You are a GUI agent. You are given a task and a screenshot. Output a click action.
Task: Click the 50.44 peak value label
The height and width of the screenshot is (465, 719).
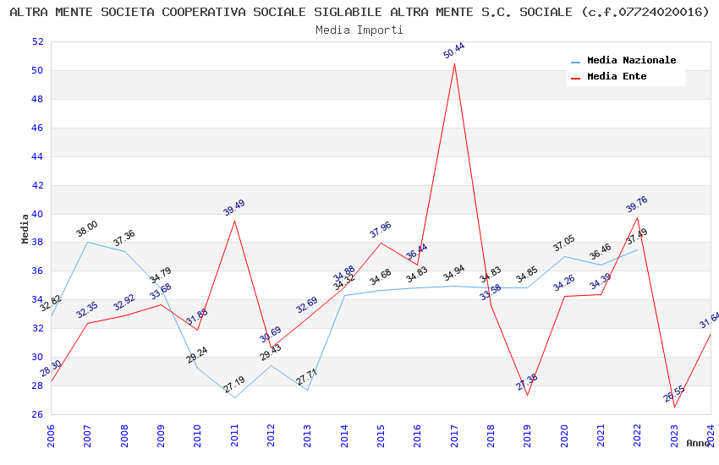tap(454, 51)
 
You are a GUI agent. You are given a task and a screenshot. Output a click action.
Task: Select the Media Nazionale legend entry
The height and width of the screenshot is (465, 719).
tap(631, 61)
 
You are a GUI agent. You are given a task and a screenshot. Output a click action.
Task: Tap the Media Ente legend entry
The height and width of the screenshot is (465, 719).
tap(617, 77)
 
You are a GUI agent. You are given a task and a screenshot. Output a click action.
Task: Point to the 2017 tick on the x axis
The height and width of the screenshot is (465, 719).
tap(454, 435)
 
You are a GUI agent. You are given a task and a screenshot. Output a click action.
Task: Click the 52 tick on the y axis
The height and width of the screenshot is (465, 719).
tap(37, 42)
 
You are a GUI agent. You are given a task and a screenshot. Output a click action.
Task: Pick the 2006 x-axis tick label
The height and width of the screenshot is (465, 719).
tap(51, 435)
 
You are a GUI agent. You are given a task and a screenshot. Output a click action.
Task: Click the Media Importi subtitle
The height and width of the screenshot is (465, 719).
tap(359, 30)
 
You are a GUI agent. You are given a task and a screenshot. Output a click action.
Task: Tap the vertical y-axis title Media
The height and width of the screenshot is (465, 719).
tap(25, 228)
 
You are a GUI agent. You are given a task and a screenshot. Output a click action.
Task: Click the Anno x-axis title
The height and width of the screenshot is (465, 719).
tap(698, 443)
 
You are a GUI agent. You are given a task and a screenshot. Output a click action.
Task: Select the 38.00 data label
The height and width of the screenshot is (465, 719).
tap(87, 228)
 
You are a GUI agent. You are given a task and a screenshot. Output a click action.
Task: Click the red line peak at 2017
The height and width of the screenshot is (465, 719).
tap(454, 64)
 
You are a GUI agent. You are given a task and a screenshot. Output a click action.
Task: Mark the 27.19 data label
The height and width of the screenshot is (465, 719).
tap(234, 385)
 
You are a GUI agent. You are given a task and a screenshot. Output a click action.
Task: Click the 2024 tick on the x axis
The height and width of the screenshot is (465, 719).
tap(711, 435)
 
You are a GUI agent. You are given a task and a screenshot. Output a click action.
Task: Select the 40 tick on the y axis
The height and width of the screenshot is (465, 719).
tap(37, 214)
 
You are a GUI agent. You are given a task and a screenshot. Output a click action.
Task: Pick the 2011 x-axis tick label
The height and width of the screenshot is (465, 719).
tap(234, 435)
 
